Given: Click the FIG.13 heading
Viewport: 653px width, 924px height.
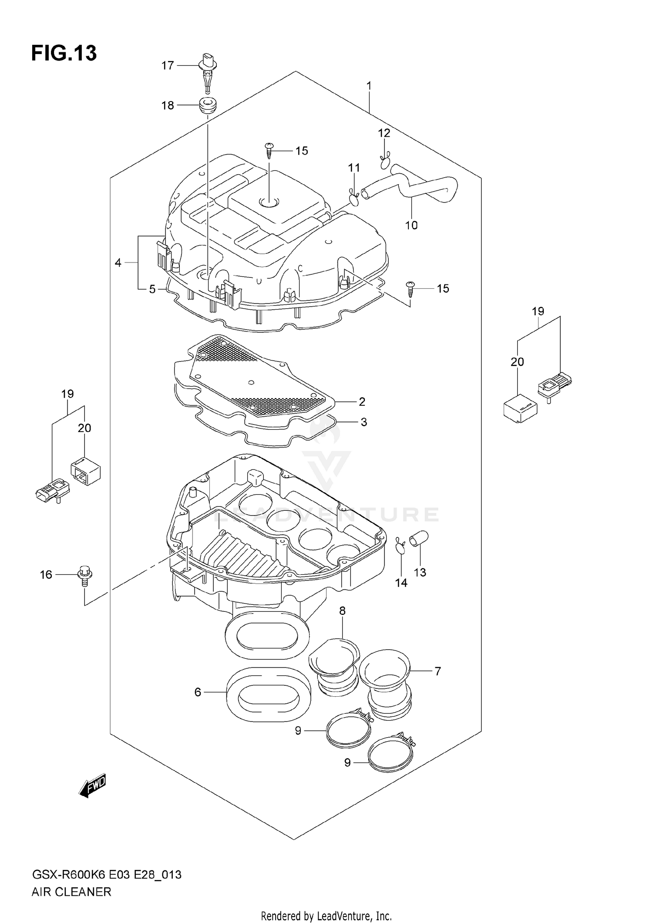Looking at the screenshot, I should pyautogui.click(x=64, y=53).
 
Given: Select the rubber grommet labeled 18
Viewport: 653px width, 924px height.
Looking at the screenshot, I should pyautogui.click(x=208, y=105).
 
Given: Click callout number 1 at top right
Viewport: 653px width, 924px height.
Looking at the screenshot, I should pyautogui.click(x=369, y=86).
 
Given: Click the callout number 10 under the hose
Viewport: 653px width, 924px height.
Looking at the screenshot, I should pyautogui.click(x=411, y=225).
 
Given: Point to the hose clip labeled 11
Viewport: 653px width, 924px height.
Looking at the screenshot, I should pyautogui.click(x=354, y=198).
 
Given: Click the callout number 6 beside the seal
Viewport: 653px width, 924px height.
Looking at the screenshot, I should pyautogui.click(x=198, y=692).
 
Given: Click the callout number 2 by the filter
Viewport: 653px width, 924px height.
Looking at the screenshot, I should pyautogui.click(x=362, y=401).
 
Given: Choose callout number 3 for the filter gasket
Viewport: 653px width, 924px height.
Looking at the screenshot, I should pyautogui.click(x=364, y=422).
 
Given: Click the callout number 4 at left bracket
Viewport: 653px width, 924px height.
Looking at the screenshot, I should pyautogui.click(x=118, y=263).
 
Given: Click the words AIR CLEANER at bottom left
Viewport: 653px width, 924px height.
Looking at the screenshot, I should pyautogui.click(x=71, y=892).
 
